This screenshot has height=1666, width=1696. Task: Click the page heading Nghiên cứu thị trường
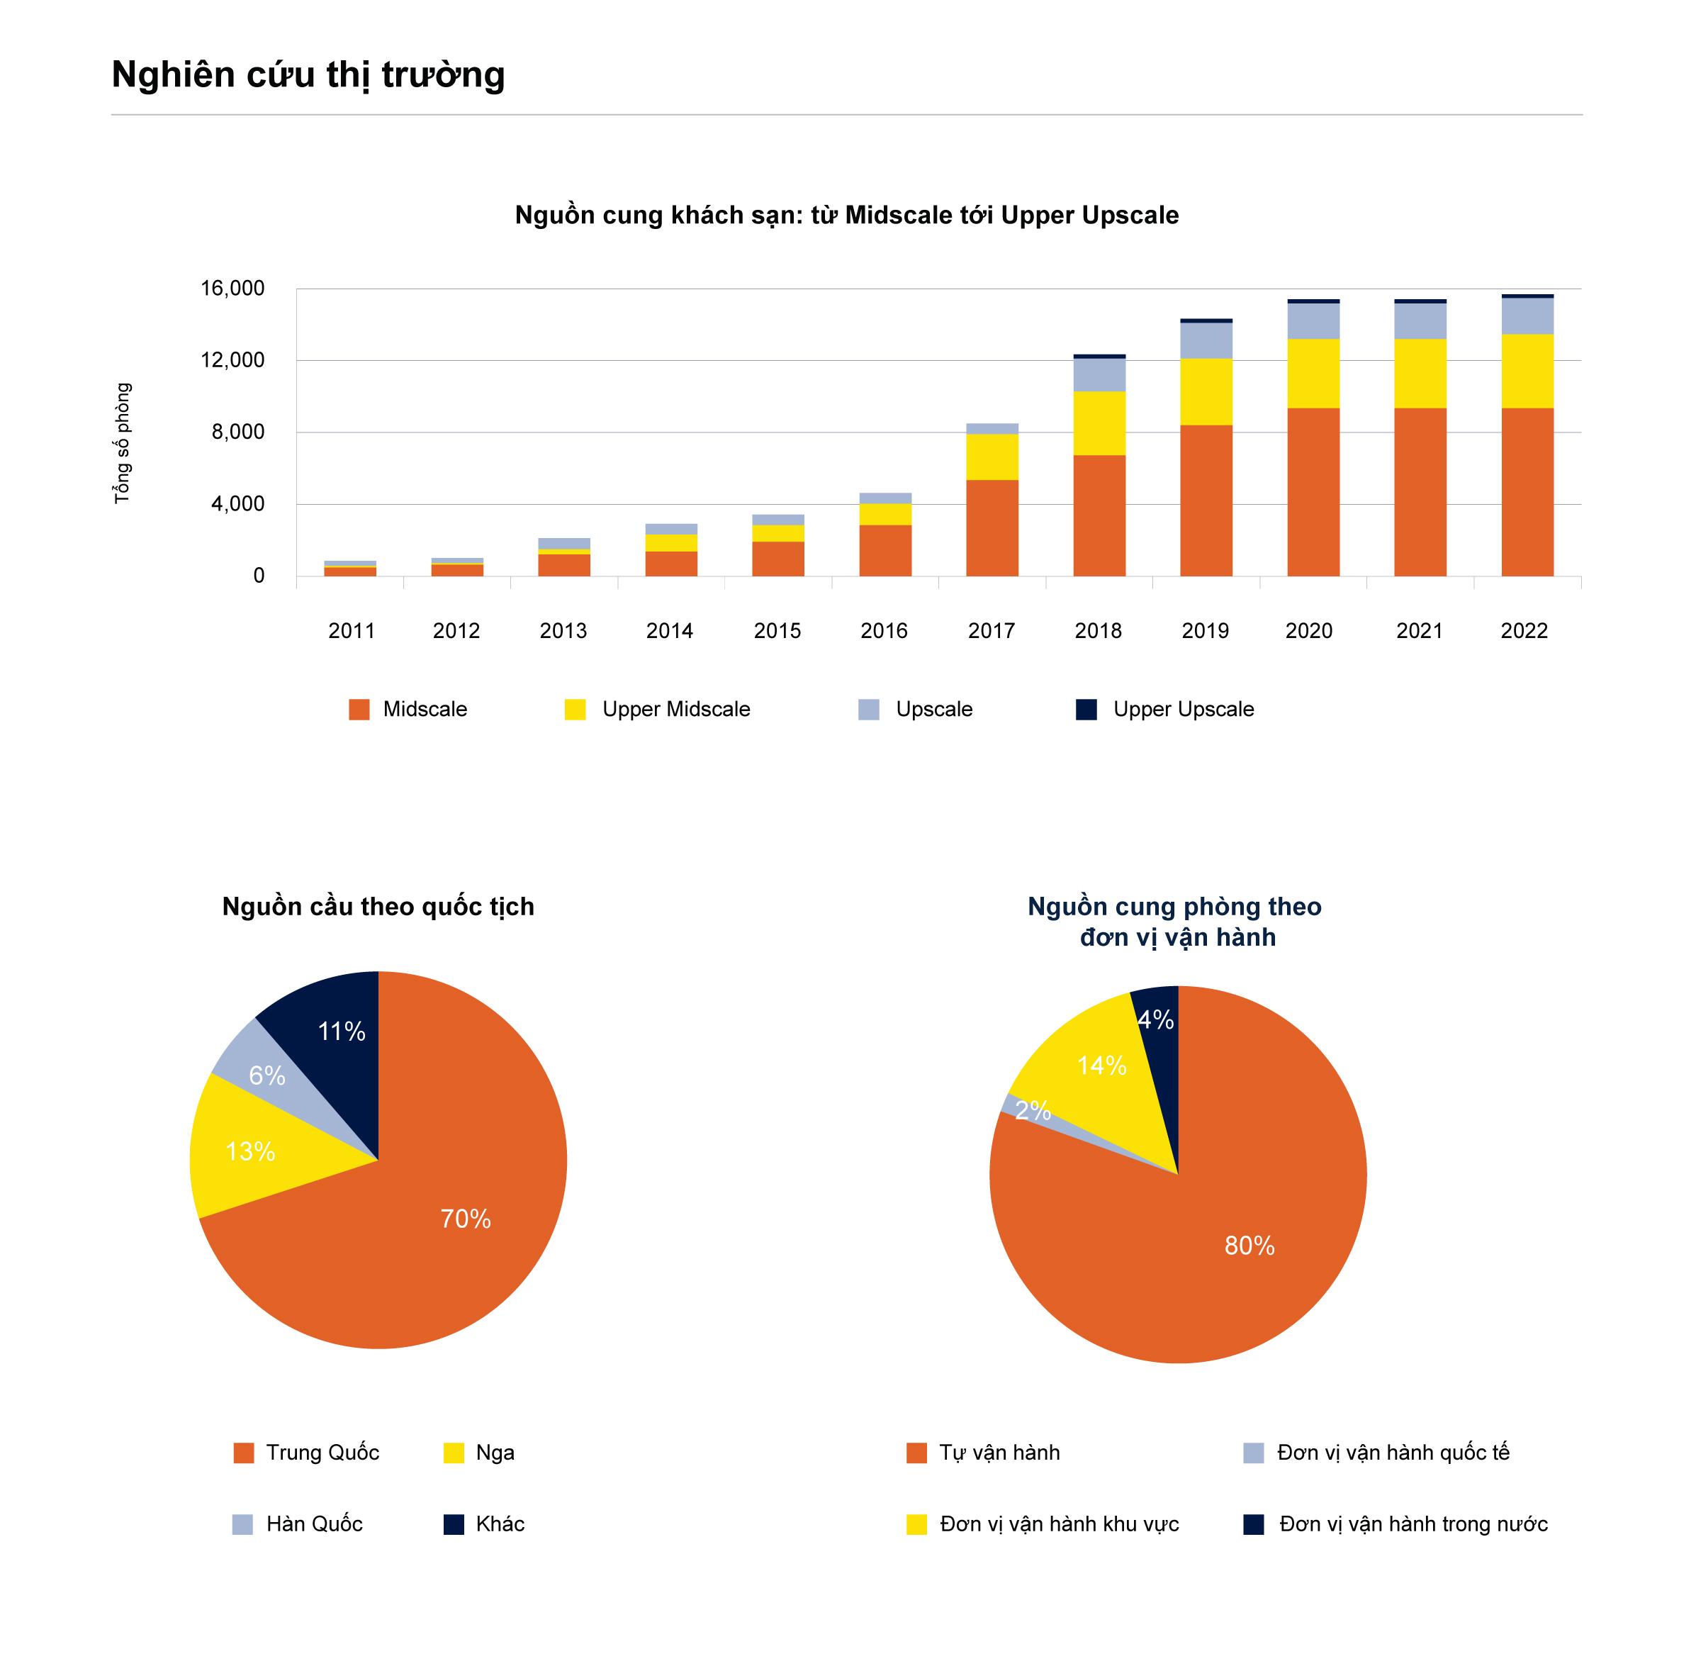coord(308,75)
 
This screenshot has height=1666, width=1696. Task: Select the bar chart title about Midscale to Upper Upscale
coord(847,216)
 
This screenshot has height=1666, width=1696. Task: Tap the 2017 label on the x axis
coord(991,630)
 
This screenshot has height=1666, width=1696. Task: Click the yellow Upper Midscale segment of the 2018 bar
coord(1099,423)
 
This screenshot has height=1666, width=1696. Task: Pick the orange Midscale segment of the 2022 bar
coord(1527,492)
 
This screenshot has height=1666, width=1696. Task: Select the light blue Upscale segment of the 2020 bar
coord(1313,321)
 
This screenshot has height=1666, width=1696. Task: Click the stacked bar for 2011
coord(350,569)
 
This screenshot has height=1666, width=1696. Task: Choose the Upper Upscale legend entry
coord(1164,709)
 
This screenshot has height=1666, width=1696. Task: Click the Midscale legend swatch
coord(359,709)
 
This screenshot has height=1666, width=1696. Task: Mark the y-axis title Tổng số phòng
coord(122,443)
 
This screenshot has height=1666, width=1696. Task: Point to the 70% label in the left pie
coord(466,1218)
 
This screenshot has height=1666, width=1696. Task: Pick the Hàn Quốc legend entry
coord(298,1524)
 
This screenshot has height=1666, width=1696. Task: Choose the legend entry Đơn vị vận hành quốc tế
coord(1377,1453)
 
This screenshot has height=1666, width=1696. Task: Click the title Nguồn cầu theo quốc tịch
coord(378,907)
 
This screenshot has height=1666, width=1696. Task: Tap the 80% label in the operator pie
coord(1249,1245)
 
